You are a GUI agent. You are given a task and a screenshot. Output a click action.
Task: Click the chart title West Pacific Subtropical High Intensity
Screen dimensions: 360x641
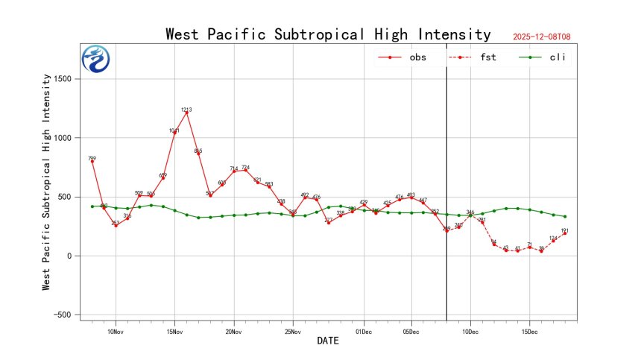pos(328,34)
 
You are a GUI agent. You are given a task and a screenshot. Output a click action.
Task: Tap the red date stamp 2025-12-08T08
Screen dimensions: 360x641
pos(547,37)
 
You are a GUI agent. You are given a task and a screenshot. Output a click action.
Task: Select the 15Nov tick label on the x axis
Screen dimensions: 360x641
pos(174,331)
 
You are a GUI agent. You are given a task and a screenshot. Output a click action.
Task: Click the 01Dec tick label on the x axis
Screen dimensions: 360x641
pos(364,331)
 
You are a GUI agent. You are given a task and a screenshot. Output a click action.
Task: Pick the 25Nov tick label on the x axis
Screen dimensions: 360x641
pos(293,331)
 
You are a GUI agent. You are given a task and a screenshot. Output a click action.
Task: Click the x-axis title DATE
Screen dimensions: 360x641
pos(328,341)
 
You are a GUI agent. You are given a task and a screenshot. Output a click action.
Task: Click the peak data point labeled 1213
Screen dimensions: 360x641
pos(186,113)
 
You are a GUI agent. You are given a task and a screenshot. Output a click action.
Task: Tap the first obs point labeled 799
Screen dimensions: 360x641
pos(92,162)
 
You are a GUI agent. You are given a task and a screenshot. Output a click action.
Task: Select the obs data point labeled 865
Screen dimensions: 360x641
pos(198,154)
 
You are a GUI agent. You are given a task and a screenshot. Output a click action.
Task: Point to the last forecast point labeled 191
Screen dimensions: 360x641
pos(565,233)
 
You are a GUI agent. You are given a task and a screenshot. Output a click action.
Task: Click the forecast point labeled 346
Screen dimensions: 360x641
pos(470,215)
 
